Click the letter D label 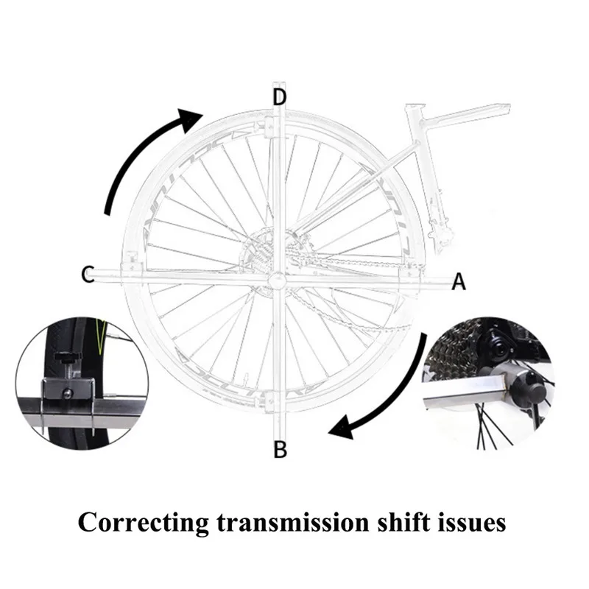pos(280,97)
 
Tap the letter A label pos(458,281)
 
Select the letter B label pos(281,449)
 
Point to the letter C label pos(88,274)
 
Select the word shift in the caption pos(403,522)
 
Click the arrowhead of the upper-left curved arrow pos(190,119)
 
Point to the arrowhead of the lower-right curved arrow pos(342,428)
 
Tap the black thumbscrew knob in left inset pos(68,357)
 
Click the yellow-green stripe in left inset pos(100,337)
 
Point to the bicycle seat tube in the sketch pos(429,180)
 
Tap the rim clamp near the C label pos(133,263)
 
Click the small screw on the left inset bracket pos(68,394)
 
